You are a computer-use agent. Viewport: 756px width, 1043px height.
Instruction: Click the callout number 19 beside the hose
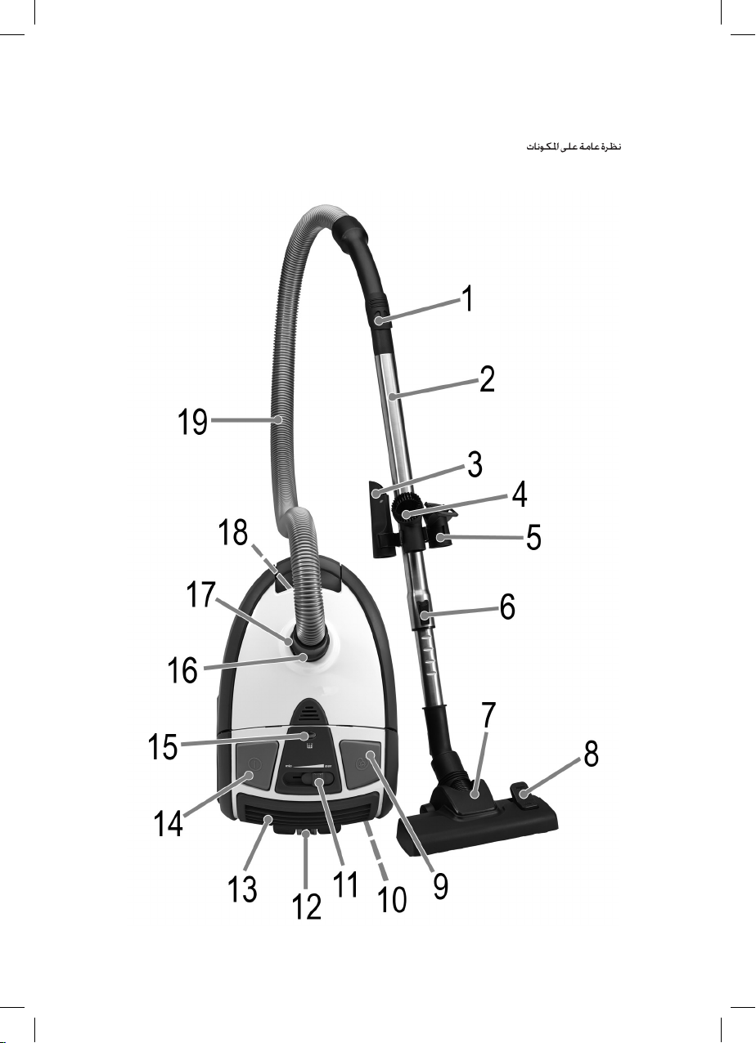tap(192, 422)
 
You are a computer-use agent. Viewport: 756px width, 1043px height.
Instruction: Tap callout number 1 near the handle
tap(468, 298)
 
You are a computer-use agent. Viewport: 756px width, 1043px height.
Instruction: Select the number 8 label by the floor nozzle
tap(591, 754)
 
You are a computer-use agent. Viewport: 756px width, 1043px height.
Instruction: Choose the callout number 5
tap(533, 537)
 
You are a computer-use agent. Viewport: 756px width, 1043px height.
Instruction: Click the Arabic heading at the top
tap(574, 147)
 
